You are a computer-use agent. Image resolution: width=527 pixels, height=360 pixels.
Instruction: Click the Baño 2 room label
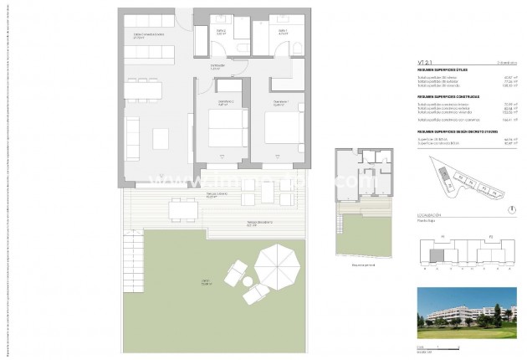(x=223, y=32)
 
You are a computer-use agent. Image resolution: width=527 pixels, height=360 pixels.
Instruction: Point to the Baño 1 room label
(x=283, y=32)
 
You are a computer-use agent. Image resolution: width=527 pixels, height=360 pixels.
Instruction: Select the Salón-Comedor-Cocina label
(x=148, y=34)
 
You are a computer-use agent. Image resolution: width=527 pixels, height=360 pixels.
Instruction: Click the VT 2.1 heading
(x=427, y=61)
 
